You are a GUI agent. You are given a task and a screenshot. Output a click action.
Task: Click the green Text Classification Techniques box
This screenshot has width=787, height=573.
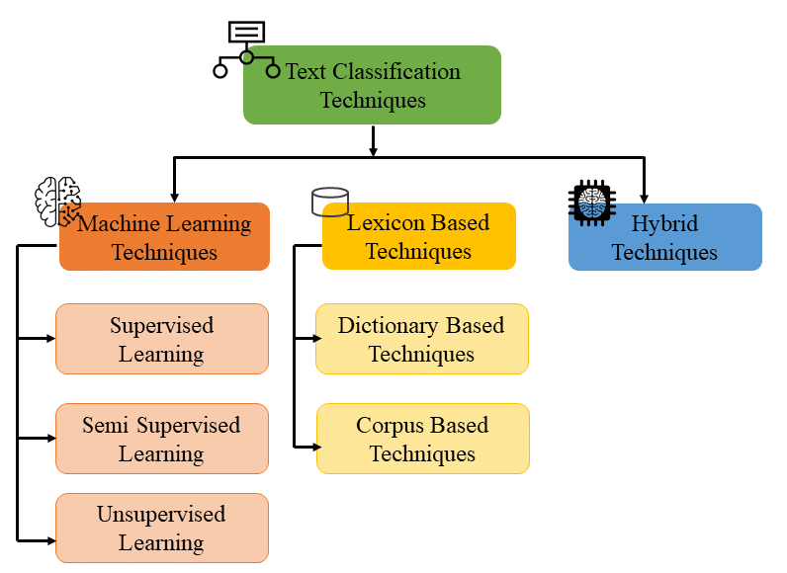[x=372, y=85]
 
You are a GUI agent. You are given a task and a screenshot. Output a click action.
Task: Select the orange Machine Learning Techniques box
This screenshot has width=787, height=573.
[x=165, y=237]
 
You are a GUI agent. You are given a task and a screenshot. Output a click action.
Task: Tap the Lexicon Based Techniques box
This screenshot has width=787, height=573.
[x=419, y=236]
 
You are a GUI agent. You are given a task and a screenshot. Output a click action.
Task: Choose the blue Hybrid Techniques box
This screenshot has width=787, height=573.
[x=665, y=237]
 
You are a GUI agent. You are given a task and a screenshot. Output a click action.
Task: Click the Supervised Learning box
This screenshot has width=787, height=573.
[x=162, y=339]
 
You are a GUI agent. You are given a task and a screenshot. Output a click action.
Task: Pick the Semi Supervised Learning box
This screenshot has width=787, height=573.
[x=162, y=439]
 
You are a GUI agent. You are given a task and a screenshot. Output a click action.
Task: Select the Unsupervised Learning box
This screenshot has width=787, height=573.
[x=162, y=528]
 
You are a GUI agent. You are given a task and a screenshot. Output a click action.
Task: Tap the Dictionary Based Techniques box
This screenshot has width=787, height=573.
[x=422, y=339]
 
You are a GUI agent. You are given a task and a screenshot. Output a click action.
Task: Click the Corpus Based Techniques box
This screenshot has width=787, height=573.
[x=423, y=439]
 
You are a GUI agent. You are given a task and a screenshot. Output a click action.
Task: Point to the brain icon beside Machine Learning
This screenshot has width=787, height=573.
[x=57, y=202]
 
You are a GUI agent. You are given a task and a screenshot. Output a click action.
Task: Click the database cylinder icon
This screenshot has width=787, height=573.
[x=330, y=202]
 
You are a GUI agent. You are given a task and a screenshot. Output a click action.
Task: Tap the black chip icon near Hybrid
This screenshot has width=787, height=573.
[x=592, y=203]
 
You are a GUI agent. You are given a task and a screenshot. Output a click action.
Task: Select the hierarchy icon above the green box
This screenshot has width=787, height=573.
[x=246, y=49]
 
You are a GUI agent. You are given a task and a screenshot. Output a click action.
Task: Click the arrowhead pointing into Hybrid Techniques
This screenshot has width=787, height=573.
[x=644, y=199]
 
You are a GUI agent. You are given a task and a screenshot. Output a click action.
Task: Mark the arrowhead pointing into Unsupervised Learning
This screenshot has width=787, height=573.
[x=51, y=541]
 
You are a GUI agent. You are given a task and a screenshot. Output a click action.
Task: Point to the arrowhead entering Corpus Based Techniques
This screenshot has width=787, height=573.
[x=316, y=447]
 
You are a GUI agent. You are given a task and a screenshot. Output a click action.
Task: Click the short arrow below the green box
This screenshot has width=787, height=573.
[x=373, y=141]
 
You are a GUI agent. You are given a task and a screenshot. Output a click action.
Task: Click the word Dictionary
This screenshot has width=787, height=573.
[x=389, y=326]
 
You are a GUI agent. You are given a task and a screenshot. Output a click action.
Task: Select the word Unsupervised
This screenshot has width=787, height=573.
[x=161, y=515]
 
